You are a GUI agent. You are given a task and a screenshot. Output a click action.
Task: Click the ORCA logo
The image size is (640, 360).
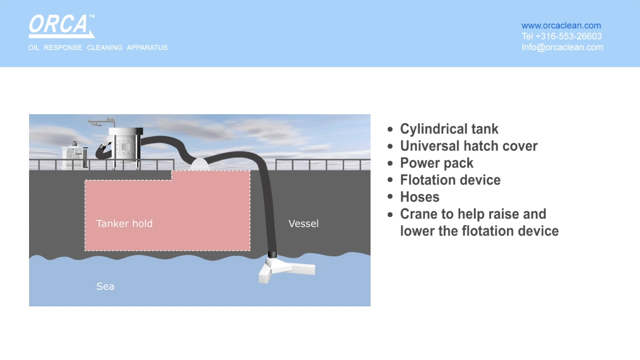click(x=62, y=26)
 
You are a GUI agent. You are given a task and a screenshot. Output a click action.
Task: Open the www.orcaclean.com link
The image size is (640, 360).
click(x=561, y=26)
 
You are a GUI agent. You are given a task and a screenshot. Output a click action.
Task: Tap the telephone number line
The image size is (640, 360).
click(x=562, y=36)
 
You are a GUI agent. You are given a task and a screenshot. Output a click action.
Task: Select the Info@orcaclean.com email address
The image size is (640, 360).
click(x=562, y=47)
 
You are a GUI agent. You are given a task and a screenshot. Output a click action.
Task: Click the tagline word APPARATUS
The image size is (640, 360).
click(x=147, y=48)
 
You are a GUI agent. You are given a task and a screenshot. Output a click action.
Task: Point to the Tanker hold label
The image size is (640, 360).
click(x=124, y=223)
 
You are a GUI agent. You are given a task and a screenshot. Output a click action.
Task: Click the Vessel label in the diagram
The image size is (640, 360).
click(x=303, y=223)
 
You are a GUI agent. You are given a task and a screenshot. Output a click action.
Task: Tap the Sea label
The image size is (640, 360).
click(x=105, y=286)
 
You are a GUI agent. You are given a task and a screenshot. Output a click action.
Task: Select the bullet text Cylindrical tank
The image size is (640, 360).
click(x=449, y=129)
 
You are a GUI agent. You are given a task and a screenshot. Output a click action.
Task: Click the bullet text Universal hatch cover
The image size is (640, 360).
click(x=469, y=146)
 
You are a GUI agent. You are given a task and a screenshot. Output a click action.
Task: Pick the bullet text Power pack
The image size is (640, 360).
click(x=437, y=163)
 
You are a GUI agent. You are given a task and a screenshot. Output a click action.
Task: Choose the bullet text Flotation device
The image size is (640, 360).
click(x=450, y=180)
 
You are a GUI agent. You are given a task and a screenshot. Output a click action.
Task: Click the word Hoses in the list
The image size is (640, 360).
click(x=420, y=197)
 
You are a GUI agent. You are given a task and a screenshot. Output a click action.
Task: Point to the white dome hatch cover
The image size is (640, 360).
click(x=200, y=164)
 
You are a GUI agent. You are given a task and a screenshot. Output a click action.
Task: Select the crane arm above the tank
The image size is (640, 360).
click(x=102, y=122)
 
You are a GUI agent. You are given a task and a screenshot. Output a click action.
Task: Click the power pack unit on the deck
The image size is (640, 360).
click(x=75, y=156)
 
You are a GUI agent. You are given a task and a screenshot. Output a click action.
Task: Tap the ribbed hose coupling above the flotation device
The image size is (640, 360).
click(x=272, y=254)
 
